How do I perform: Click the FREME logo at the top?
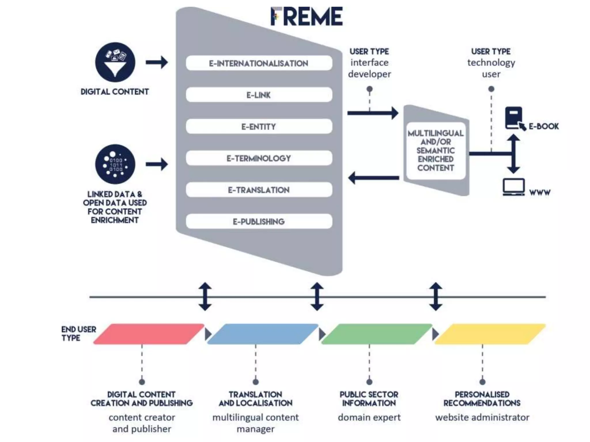click(x=307, y=16)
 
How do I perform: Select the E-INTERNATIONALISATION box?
click(x=259, y=63)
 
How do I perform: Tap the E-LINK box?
click(x=259, y=95)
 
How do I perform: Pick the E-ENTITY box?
click(x=259, y=126)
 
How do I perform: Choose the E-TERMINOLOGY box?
click(x=259, y=158)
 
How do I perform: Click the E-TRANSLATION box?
click(x=259, y=190)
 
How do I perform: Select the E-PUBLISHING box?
click(x=259, y=221)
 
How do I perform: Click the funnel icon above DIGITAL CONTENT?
click(x=115, y=62)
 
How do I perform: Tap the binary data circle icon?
click(x=115, y=164)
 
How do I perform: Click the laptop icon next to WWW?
click(x=514, y=187)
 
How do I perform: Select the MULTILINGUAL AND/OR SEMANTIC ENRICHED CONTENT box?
click(x=436, y=150)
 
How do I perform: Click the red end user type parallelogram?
click(x=148, y=334)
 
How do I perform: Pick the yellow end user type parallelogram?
click(x=490, y=334)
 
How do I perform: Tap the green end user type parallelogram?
click(x=376, y=334)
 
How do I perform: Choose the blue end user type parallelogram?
click(x=262, y=334)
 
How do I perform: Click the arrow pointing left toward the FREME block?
click(x=373, y=178)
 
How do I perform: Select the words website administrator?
click(x=482, y=417)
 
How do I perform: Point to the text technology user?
click(x=491, y=68)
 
